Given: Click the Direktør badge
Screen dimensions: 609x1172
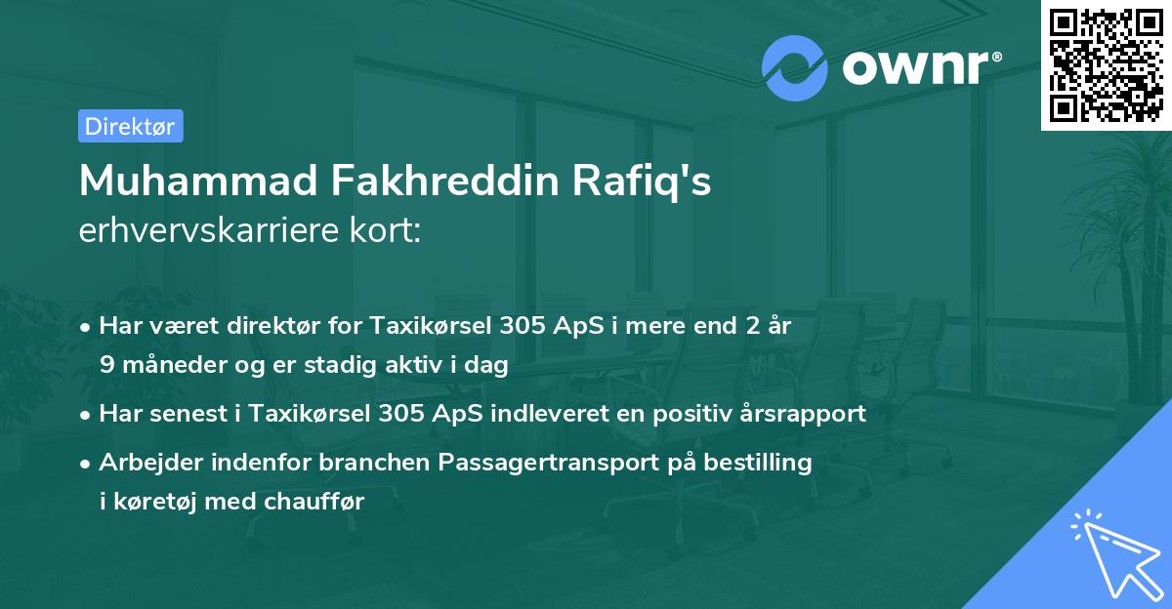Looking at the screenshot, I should click(x=130, y=126).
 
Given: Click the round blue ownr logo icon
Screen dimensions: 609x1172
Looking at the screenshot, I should click(x=795, y=68).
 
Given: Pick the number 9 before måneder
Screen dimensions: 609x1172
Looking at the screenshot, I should click(x=106, y=365).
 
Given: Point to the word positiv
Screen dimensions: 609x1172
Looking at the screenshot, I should click(x=678, y=413).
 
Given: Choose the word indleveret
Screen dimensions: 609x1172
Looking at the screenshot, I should click(x=553, y=413).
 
